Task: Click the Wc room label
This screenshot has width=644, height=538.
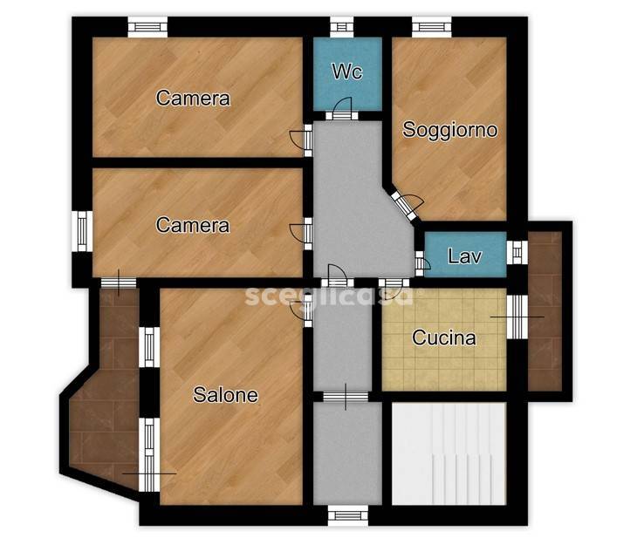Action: pyautogui.click(x=347, y=72)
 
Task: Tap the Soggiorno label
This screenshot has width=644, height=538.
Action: pyautogui.click(x=450, y=130)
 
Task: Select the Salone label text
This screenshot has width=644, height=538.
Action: pyautogui.click(x=225, y=395)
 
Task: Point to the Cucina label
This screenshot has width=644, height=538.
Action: pyautogui.click(x=444, y=337)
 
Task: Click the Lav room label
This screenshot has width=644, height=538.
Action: pyautogui.click(x=464, y=256)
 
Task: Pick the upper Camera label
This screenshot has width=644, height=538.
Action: pyautogui.click(x=193, y=98)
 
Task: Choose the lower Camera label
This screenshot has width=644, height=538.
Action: pyautogui.click(x=193, y=225)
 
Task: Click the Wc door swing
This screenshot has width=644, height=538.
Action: pyautogui.click(x=343, y=107)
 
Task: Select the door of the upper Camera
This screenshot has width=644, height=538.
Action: pyautogui.click(x=301, y=140)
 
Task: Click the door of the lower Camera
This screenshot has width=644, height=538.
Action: pyautogui.click(x=301, y=234)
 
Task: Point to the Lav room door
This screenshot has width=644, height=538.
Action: pyautogui.click(x=422, y=263)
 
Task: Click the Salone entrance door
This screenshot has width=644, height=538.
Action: pyautogui.click(x=301, y=312)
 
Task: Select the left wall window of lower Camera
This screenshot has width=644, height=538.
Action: pyautogui.click(x=82, y=231)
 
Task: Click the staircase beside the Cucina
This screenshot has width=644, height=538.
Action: pyautogui.click(x=449, y=454)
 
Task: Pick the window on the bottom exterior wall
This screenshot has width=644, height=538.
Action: pyautogui.click(x=348, y=515)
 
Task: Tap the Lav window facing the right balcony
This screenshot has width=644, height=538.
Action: pyautogui.click(x=517, y=252)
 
